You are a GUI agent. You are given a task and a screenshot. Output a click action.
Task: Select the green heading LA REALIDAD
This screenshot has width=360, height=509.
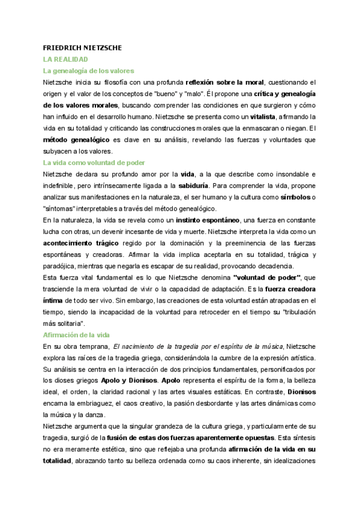(65, 59)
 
